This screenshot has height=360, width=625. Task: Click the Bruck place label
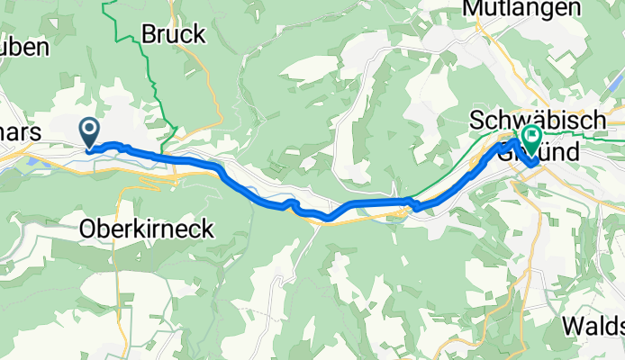(174, 35)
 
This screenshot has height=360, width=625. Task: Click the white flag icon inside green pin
(530, 137)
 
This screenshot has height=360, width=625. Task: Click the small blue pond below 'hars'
(32, 161)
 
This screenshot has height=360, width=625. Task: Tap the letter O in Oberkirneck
(88, 229)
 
